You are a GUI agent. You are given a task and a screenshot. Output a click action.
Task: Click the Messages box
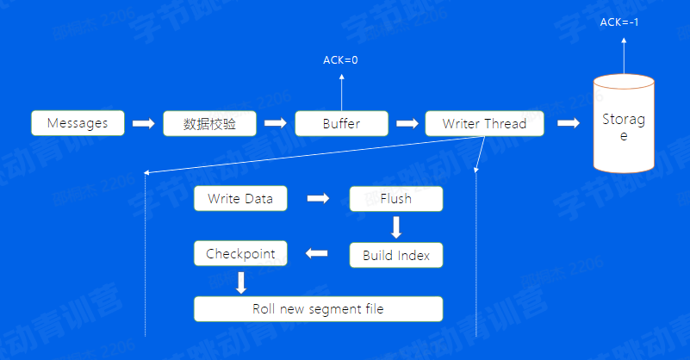click(x=78, y=123)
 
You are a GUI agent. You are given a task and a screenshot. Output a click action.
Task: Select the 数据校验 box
click(x=210, y=123)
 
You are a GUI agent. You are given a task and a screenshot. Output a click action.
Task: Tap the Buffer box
click(x=342, y=123)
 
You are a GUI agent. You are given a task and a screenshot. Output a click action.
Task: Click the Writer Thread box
click(x=485, y=123)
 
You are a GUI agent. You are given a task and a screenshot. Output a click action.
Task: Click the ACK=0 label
click(x=341, y=60)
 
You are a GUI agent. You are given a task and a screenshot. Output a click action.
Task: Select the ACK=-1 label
click(x=619, y=22)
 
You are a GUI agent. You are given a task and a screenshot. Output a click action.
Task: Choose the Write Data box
click(x=240, y=199)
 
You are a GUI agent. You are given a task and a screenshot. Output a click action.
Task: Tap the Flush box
click(x=396, y=199)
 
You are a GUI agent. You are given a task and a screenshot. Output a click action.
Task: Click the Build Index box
click(x=396, y=255)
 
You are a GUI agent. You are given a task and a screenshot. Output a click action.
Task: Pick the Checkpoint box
click(x=241, y=254)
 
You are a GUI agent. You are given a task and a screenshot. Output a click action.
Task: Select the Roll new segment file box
click(x=318, y=309)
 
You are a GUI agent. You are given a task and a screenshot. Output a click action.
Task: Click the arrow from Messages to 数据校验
click(x=143, y=123)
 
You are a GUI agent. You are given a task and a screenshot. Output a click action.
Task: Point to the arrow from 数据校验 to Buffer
click(x=275, y=123)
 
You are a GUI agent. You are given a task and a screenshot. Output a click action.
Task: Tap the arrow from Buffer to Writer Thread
click(x=406, y=123)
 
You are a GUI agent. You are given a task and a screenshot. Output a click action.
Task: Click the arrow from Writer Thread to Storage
click(x=569, y=123)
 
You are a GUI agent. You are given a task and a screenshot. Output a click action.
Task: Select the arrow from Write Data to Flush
click(x=319, y=199)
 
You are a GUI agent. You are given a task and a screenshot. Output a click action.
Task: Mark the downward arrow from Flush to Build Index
click(x=396, y=227)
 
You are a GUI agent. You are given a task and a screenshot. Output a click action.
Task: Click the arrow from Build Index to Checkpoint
click(x=317, y=254)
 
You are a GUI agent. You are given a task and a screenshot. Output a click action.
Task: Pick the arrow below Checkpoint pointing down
click(x=241, y=282)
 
